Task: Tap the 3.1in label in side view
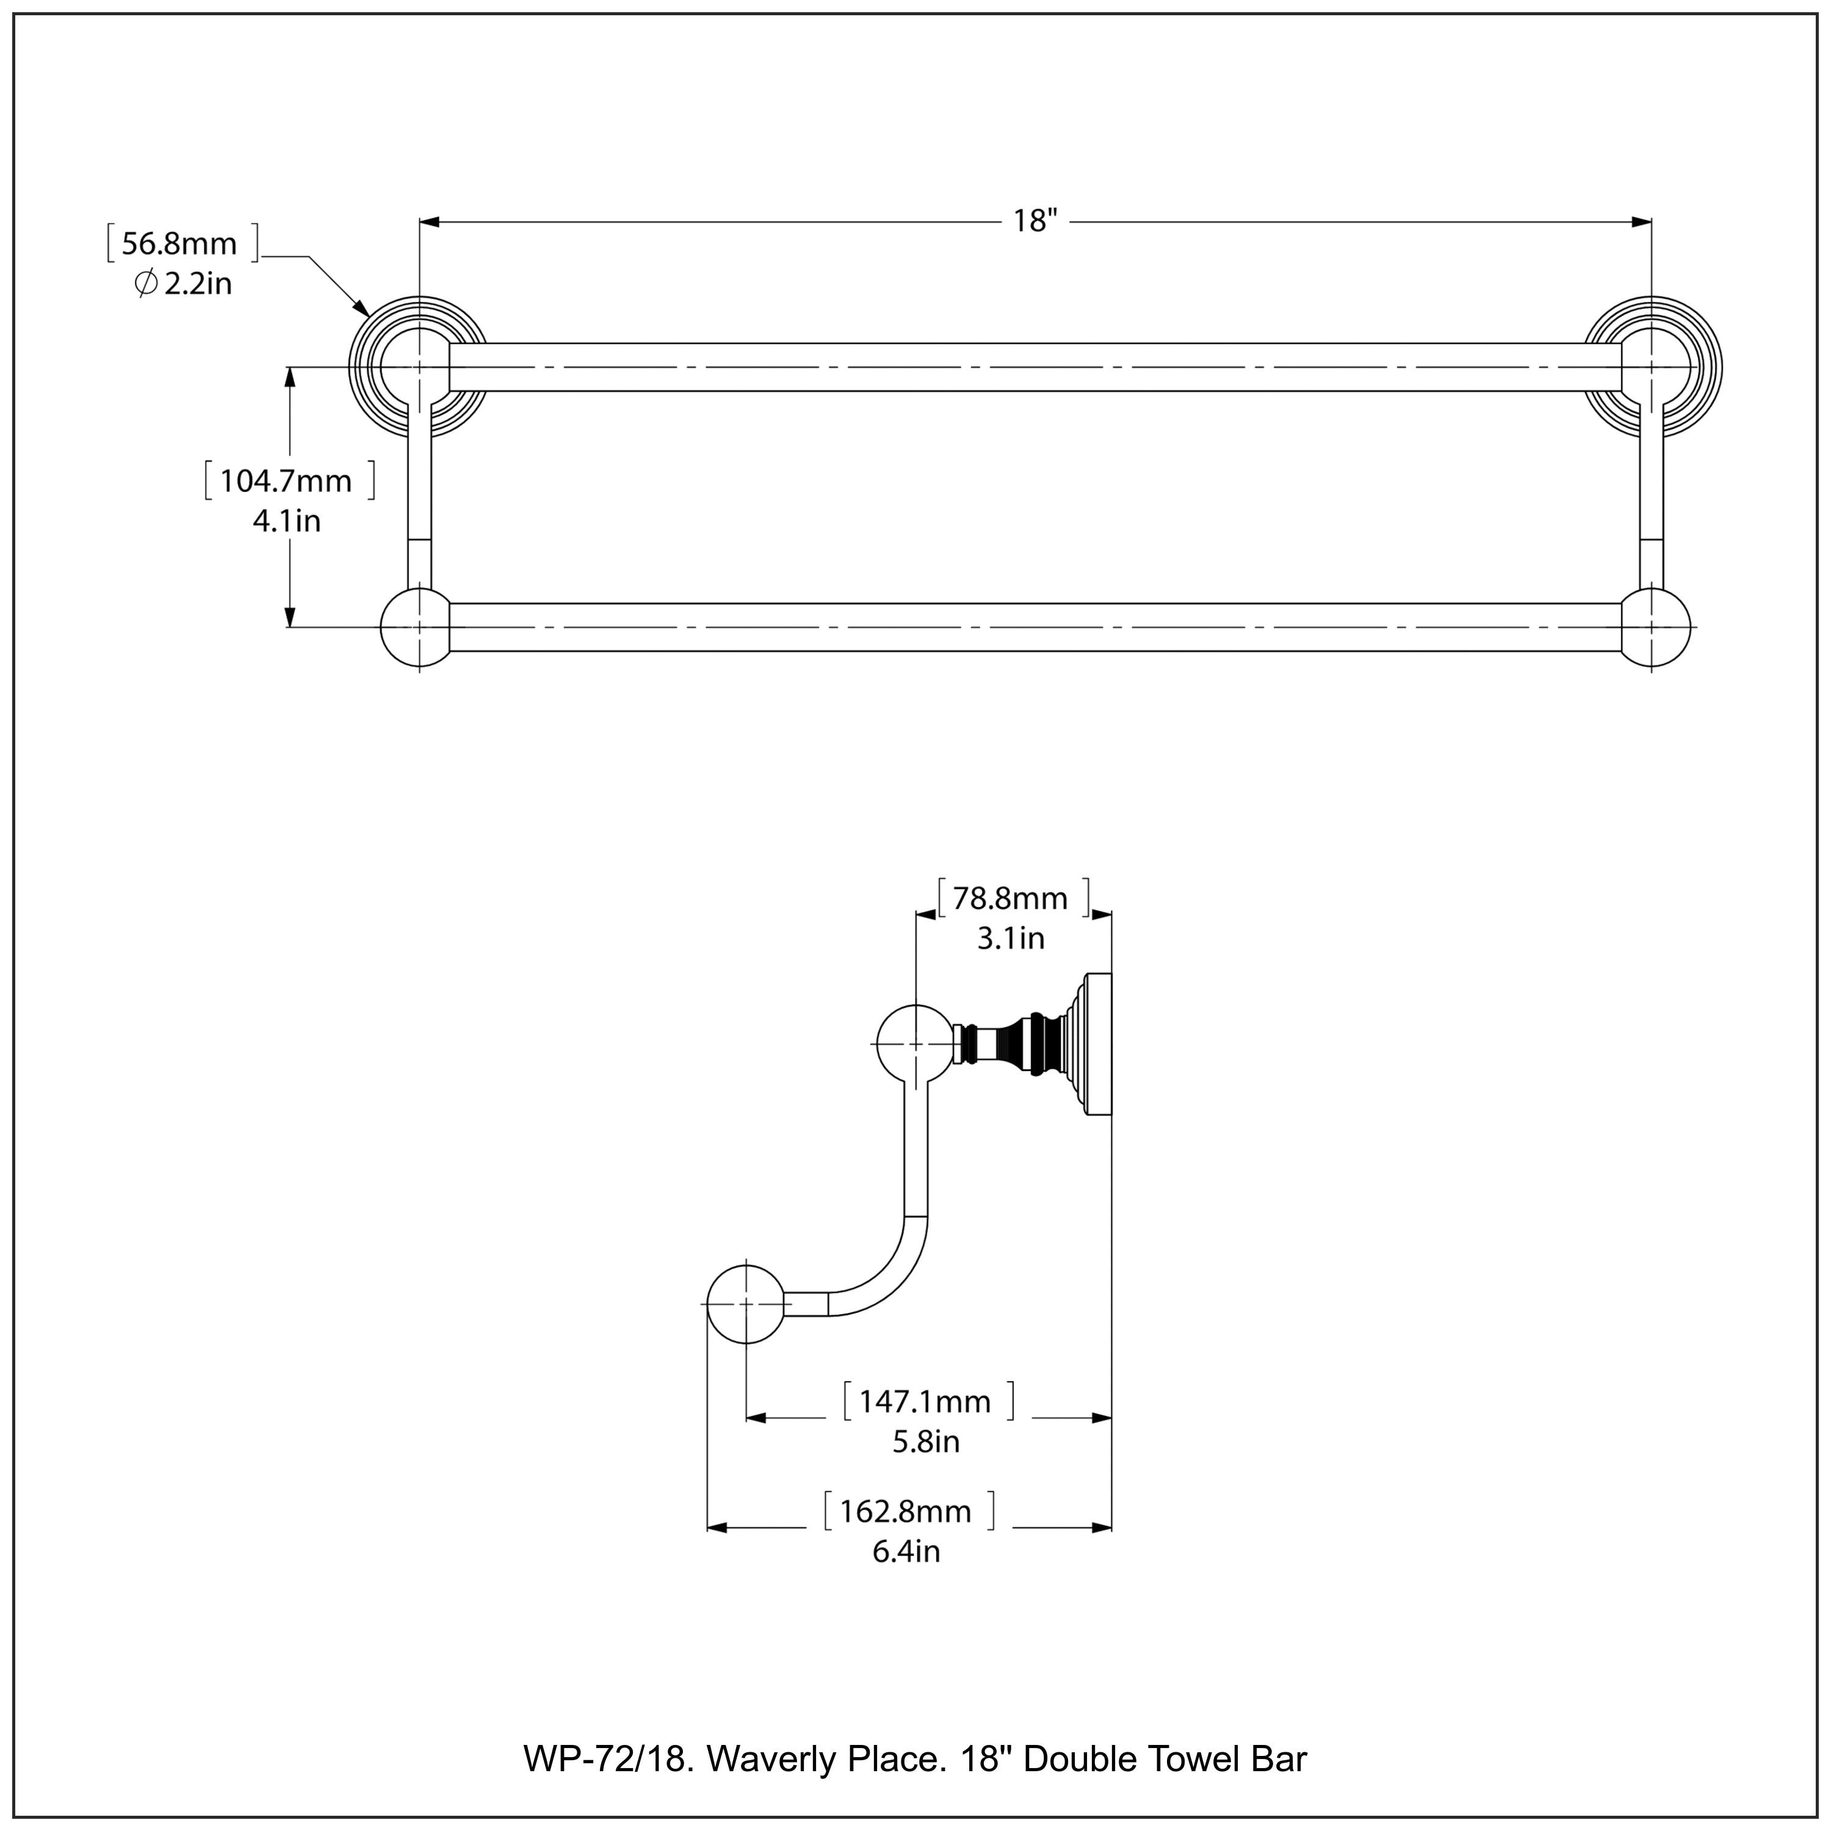coord(1010,938)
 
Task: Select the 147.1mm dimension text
coord(925,1401)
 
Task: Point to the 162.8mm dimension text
coord(906,1511)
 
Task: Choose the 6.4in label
coord(906,1551)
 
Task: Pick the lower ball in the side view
coord(746,1304)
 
